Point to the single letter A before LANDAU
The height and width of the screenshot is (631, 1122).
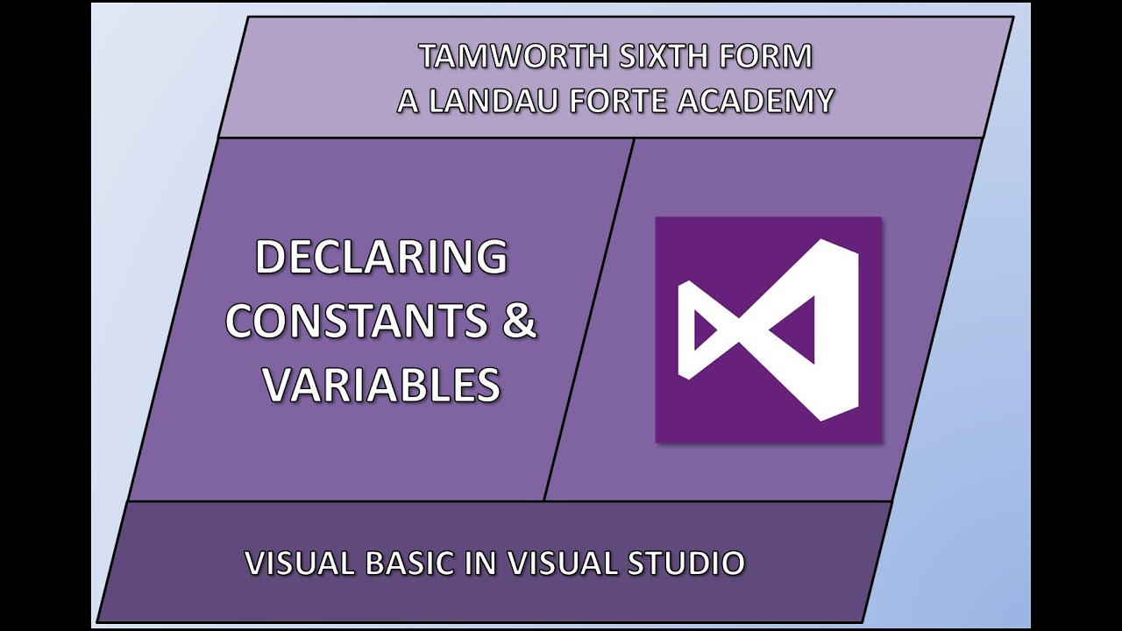407,101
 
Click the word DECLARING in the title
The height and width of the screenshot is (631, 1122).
381,258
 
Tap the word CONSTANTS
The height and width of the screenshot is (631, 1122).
357,321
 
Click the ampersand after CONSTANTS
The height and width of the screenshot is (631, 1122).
518,321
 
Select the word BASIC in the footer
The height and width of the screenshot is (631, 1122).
410,563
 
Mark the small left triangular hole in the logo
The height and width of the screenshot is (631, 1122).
704,330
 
